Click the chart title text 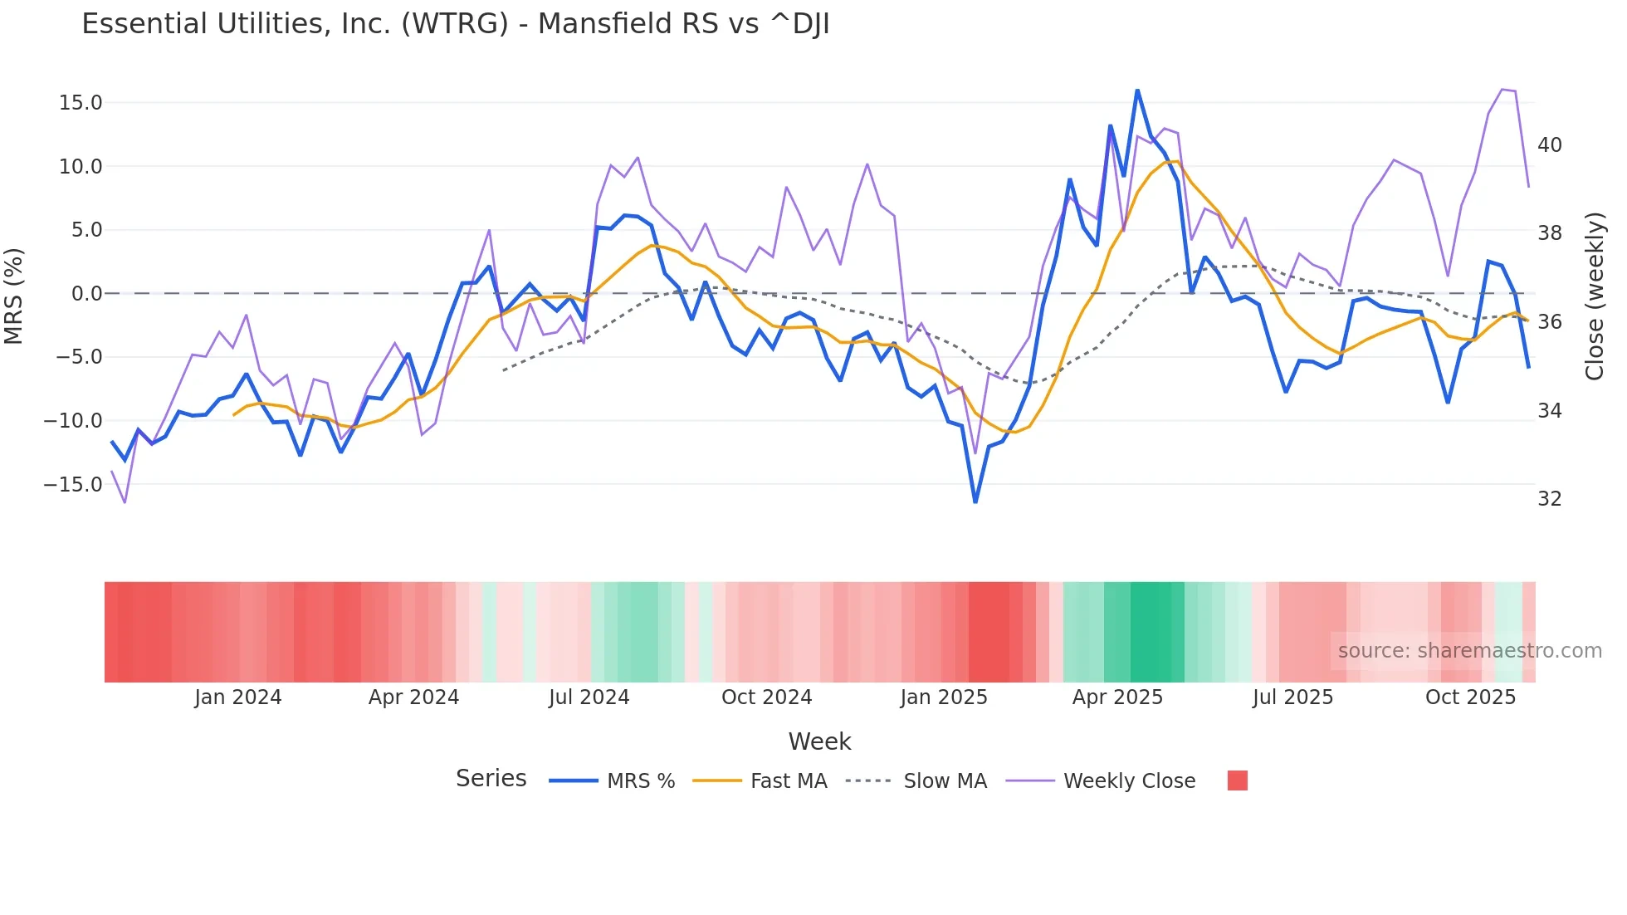click(455, 24)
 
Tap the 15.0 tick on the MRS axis click(81, 103)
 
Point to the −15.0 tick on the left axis click(74, 484)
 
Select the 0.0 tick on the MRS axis click(87, 294)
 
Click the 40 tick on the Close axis click(1549, 145)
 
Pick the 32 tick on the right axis click(1549, 499)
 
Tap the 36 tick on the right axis click(1549, 322)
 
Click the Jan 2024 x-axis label click(238, 697)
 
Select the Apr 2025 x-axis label click(1117, 697)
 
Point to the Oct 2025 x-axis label click(1470, 697)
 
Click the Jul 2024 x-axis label click(589, 697)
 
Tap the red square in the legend click(1237, 780)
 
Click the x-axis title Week click(819, 741)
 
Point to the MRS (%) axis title click(14, 296)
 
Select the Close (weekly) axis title click(1595, 296)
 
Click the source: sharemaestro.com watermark click(1469, 651)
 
